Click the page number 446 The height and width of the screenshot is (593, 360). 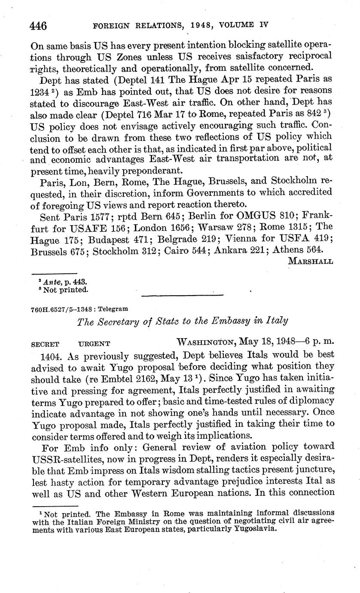click(38, 25)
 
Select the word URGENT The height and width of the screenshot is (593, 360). click(95, 344)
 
